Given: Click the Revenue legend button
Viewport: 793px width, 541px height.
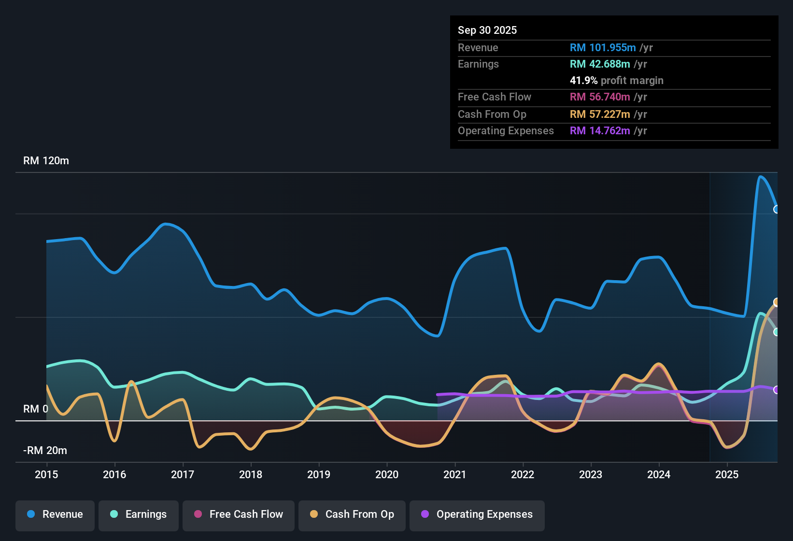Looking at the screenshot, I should pos(55,514).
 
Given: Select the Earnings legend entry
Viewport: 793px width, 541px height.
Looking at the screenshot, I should pos(139,514).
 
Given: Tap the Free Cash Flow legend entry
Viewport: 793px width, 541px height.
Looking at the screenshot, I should pos(239,514).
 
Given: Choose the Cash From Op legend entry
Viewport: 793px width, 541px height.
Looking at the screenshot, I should pos(352,514).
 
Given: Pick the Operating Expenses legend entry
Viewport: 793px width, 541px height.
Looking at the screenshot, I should pos(477,514).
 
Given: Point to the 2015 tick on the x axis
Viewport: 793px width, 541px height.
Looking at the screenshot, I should pos(46,474).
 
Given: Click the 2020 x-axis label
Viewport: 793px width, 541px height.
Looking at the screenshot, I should pos(387,474).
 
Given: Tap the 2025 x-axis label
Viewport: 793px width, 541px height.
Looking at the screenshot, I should pos(727,474).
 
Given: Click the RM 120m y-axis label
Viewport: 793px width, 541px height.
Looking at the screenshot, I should pos(46,161).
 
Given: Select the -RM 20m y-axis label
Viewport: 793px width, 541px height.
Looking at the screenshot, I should pos(45,451).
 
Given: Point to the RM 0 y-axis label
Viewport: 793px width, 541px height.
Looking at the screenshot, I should pos(36,409).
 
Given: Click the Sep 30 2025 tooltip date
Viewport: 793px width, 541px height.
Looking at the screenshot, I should pos(487,30).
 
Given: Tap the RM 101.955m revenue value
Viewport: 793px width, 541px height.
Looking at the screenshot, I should pos(602,48).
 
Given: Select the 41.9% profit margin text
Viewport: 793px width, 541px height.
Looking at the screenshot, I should pos(616,81).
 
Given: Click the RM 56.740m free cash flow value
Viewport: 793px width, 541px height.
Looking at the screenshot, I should pos(599,97).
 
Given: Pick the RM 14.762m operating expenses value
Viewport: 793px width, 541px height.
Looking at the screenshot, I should pos(599,131).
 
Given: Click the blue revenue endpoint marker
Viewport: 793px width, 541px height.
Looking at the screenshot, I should pos(777,209).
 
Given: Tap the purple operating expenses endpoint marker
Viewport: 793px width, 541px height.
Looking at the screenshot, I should pos(777,390).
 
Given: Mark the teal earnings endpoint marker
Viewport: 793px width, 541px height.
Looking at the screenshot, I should pos(777,332).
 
